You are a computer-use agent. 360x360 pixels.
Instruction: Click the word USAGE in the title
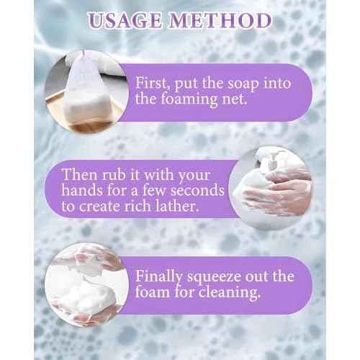pyautogui.click(x=125, y=20)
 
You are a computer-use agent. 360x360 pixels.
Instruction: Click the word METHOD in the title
pyautogui.click(x=220, y=20)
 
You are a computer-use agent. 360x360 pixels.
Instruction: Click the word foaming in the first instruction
pyautogui.click(x=189, y=99)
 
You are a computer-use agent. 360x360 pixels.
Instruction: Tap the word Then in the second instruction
pyautogui.click(x=80, y=174)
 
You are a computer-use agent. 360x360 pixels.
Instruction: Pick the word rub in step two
pyautogui.click(x=114, y=174)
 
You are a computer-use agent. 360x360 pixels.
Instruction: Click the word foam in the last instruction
pyautogui.click(x=153, y=292)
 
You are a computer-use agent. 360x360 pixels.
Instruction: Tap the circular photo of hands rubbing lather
pyautogui.click(x=270, y=188)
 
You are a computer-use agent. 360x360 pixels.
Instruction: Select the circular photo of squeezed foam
pyautogui.click(x=87, y=285)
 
